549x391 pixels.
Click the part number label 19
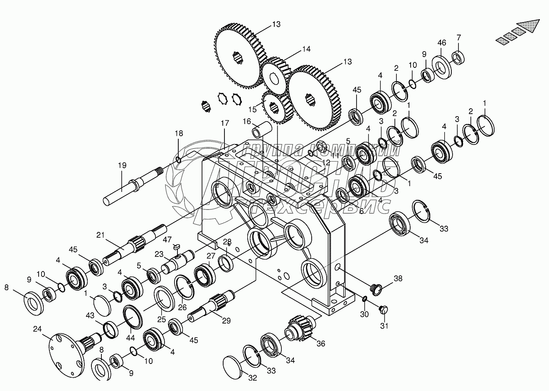click(x=122, y=165)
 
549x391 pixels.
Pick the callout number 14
click(x=306, y=49)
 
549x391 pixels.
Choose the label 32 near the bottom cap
click(x=253, y=379)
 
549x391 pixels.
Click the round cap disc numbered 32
click(x=235, y=367)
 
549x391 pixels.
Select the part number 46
click(x=442, y=42)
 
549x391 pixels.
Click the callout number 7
click(x=458, y=37)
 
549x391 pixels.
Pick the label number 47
click(x=167, y=239)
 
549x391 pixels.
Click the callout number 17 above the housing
click(x=224, y=123)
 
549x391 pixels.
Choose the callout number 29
click(x=226, y=321)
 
